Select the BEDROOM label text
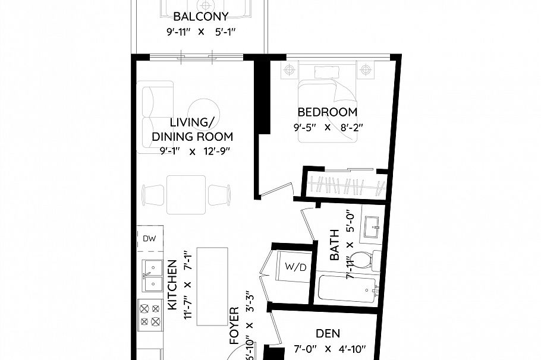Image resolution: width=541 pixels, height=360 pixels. (x=327, y=112)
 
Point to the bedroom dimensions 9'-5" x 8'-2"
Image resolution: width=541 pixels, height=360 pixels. (x=327, y=127)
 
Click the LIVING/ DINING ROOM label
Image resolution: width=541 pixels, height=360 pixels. (x=191, y=130)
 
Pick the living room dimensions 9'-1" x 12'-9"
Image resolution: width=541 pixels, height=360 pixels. (x=194, y=151)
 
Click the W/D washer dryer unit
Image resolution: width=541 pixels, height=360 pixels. (x=295, y=267)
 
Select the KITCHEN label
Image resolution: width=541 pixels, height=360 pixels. (x=172, y=285)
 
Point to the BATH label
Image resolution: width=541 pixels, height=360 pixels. (x=335, y=245)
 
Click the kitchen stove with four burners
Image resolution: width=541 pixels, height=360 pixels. (x=150, y=315)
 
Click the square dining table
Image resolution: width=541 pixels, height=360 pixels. (x=186, y=194)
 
